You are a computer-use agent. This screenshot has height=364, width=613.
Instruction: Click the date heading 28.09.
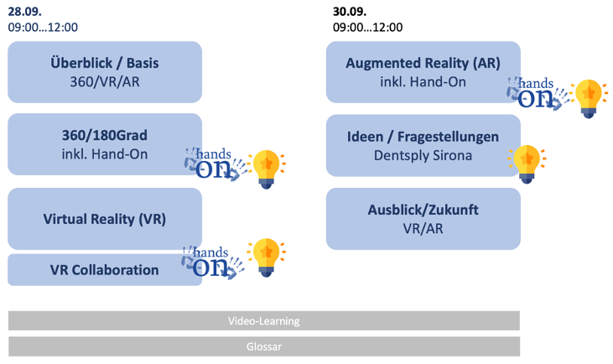[x=24, y=12]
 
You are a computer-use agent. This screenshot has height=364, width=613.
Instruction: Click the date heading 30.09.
[x=350, y=12]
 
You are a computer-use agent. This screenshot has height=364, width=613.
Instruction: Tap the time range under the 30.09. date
[x=367, y=28]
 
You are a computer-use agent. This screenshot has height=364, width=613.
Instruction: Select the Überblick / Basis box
[x=105, y=72]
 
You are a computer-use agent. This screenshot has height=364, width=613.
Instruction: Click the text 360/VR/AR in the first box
[x=105, y=81]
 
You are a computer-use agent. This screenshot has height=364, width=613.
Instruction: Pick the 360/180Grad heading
[x=105, y=135]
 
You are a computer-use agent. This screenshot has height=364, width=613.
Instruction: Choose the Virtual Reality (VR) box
[x=105, y=219]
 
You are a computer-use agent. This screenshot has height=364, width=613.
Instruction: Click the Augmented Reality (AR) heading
[x=423, y=63]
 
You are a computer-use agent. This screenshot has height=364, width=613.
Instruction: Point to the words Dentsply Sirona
[x=423, y=156]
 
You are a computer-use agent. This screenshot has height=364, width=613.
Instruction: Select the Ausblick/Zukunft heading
[x=423, y=210]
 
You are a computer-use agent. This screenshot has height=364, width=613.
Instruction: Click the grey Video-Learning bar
[x=264, y=320]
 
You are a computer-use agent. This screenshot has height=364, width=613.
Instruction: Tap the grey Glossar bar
[x=264, y=346]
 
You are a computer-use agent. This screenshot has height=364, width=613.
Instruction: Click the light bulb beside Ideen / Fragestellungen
[x=527, y=164]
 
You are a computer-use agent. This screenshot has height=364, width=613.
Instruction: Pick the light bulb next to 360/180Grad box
[x=267, y=169]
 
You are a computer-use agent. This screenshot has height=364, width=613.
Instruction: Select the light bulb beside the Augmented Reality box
[x=589, y=99]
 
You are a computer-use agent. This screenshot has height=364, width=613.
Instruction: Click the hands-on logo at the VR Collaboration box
[x=213, y=263]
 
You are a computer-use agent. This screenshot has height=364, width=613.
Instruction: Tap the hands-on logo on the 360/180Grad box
[x=216, y=164]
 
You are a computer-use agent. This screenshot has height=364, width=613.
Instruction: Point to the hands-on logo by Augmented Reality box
[x=538, y=93]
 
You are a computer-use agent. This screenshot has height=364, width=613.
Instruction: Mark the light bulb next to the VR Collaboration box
[x=267, y=257]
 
